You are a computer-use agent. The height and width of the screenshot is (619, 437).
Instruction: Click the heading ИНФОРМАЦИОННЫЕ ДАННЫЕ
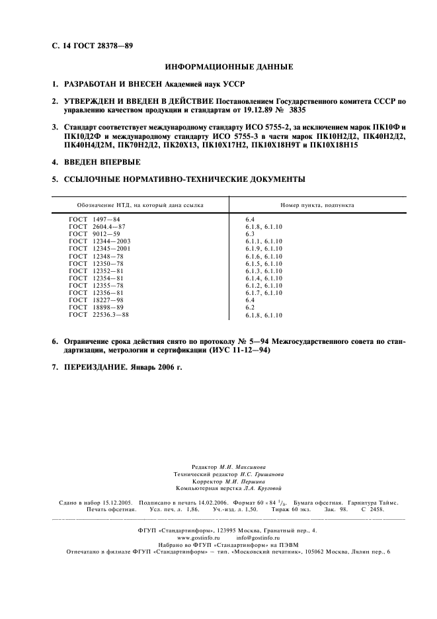tap(227, 67)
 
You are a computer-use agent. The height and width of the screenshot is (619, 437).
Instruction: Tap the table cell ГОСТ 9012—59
tap(95, 233)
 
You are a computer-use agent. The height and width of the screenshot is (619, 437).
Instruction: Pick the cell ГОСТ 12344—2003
tap(100, 241)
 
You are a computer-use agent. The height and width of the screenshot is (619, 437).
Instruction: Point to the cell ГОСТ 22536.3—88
tap(99, 315)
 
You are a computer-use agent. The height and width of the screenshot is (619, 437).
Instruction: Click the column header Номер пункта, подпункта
tap(317, 204)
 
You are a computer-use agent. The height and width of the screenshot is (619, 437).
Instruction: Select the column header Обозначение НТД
tap(140, 204)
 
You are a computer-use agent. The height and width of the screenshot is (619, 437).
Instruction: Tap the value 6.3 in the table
tap(250, 233)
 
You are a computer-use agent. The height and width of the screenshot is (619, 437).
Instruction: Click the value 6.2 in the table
tap(250, 307)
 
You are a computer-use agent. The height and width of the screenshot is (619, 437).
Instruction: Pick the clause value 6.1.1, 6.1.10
tap(264, 241)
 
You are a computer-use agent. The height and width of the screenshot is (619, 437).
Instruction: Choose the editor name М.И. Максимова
tap(243, 467)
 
